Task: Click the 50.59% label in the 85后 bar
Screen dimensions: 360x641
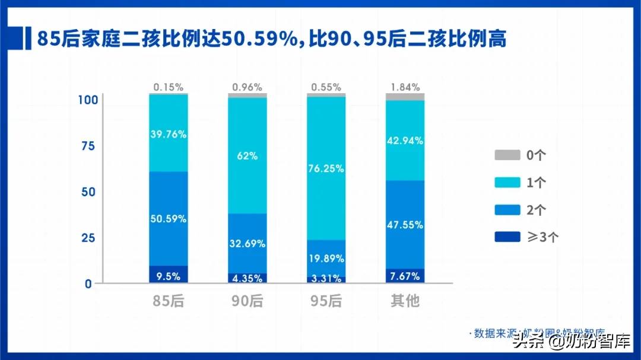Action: (x=169, y=219)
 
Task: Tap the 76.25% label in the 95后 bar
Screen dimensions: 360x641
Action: (x=326, y=168)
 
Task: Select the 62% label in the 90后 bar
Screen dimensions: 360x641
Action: (x=247, y=157)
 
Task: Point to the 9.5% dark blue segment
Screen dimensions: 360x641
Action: (x=169, y=275)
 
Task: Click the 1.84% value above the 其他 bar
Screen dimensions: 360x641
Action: (x=405, y=87)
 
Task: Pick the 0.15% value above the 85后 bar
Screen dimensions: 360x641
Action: (x=169, y=87)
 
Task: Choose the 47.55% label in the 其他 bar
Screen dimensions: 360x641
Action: (x=405, y=225)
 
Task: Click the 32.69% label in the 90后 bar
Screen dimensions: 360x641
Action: (x=247, y=243)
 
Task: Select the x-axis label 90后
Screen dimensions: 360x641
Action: (x=247, y=301)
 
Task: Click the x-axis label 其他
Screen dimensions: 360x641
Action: (x=405, y=301)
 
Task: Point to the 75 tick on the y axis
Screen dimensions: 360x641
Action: (x=87, y=146)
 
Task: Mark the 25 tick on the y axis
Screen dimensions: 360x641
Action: (x=87, y=238)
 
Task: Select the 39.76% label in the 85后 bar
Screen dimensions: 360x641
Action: (x=169, y=135)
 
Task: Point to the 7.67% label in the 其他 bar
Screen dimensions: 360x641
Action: (x=405, y=276)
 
